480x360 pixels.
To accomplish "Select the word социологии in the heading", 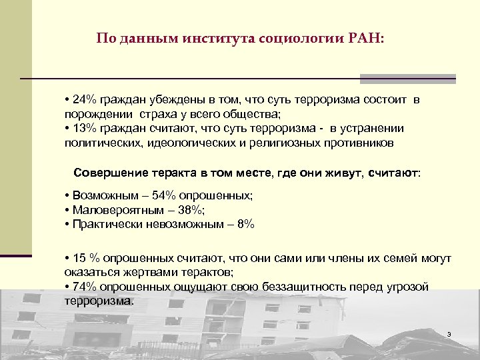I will coord(297,38).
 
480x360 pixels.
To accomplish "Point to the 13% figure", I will coord(83,128).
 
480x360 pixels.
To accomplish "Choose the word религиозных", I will coord(299,143).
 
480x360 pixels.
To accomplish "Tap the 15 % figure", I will coord(85,258).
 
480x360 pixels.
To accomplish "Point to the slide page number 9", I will coord(449,333).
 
